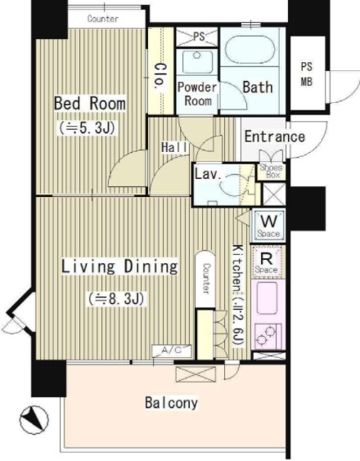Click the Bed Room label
[90, 103]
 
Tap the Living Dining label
[119, 266]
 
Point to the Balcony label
[171, 403]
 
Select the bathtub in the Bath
[250, 49]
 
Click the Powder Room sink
[197, 62]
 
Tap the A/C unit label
[172, 350]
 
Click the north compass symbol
[34, 419]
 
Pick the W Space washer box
[268, 226]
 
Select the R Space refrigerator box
[267, 262]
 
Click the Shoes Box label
[271, 171]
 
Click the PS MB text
[307, 74]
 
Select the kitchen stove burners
[268, 335]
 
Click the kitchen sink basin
[267, 298]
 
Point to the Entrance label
[275, 137]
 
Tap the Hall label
[174, 147]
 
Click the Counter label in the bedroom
[103, 19]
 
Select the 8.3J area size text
[116, 299]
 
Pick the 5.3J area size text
[88, 128]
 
